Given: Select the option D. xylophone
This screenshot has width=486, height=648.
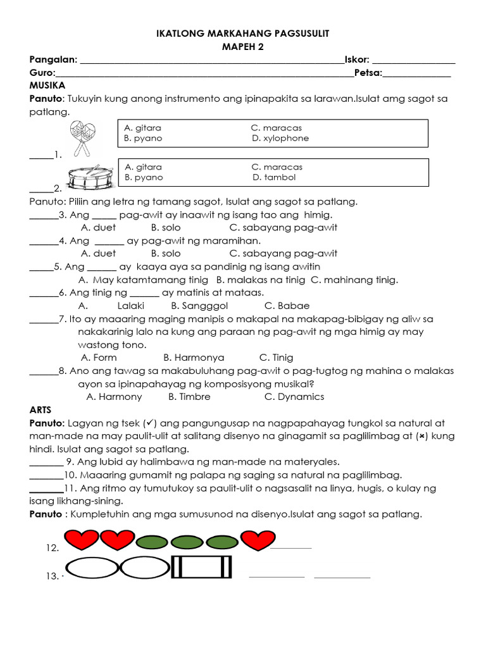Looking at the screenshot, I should (x=280, y=138).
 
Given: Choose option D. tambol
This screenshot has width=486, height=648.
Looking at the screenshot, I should (x=274, y=177).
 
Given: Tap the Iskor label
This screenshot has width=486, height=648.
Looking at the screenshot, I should (x=357, y=59).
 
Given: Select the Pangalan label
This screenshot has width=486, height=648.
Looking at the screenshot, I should (x=53, y=59).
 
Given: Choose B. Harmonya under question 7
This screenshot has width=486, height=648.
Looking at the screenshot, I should (x=194, y=358).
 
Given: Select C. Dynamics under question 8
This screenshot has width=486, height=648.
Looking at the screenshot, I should (x=294, y=397).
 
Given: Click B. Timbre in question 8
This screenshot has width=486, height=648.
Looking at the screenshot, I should (x=189, y=397).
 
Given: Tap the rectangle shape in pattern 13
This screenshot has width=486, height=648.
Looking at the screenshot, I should (x=202, y=567).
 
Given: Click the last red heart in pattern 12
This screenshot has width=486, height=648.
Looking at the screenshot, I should (x=258, y=541).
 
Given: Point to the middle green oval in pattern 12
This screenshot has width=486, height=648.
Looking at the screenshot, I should (x=187, y=542).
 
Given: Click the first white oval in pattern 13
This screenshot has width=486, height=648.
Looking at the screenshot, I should (x=92, y=568).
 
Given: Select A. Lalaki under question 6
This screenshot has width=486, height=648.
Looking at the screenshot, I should (x=131, y=306).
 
